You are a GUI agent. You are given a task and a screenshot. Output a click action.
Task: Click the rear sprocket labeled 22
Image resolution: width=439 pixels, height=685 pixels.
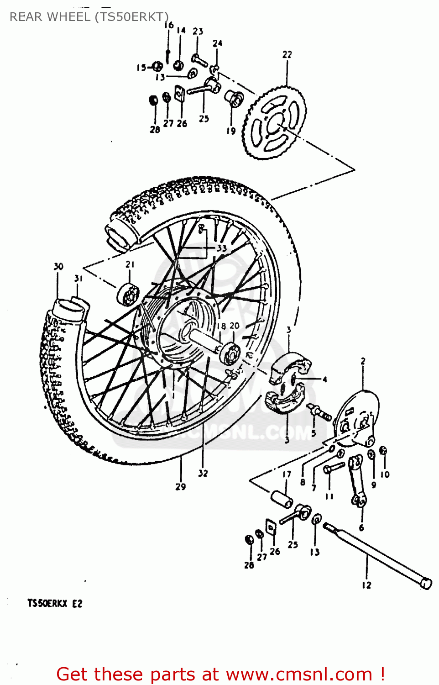[x=274, y=122]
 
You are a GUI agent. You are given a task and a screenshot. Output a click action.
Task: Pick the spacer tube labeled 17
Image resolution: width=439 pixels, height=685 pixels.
[x=282, y=499]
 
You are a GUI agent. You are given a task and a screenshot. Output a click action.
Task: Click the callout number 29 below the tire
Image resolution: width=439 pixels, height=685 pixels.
[x=181, y=487]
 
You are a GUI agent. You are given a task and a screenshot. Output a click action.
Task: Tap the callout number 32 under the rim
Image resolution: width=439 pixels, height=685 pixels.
[x=203, y=473]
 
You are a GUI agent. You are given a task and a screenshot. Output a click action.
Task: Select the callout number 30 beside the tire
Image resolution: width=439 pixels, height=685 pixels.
[x=58, y=267]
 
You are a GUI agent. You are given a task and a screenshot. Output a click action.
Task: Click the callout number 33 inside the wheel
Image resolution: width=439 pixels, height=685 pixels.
[x=222, y=248]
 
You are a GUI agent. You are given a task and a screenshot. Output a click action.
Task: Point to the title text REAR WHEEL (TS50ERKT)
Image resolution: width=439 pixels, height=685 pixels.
[x=89, y=17]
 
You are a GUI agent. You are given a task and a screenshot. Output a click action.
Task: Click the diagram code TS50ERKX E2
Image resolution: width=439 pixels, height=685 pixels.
[x=55, y=603]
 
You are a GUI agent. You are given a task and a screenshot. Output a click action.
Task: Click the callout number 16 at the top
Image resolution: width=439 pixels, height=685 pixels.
[x=169, y=25]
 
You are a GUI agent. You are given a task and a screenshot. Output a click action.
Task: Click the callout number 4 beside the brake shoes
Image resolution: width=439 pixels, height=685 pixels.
[x=324, y=379]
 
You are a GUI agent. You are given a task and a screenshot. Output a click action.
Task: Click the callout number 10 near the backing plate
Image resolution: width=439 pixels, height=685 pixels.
[x=385, y=474]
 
